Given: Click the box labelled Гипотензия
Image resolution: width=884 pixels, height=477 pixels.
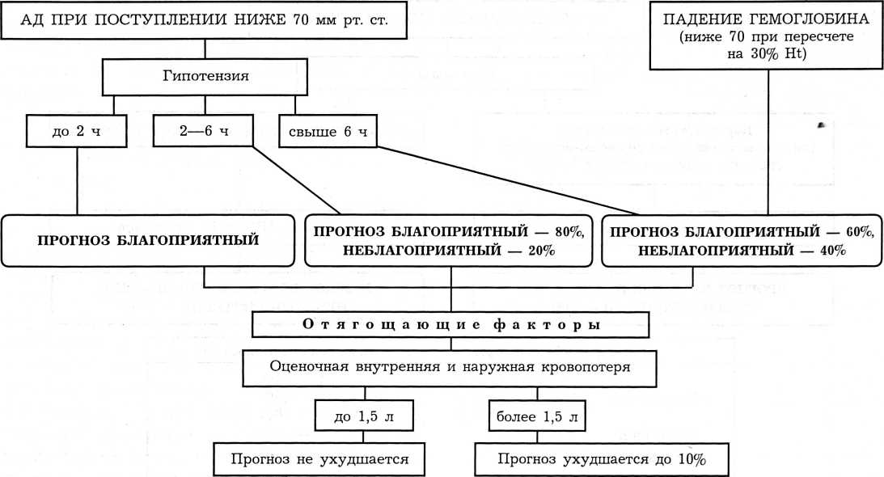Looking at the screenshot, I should pos(205,78).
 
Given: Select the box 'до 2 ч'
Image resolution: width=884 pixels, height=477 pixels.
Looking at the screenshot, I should pos(77,131).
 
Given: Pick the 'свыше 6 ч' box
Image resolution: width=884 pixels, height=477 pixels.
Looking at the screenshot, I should pos(327,131).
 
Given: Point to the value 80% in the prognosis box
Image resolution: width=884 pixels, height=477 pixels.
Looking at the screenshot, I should pos(573,231).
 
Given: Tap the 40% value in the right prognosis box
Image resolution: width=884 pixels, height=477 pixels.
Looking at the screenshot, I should pos(829,251).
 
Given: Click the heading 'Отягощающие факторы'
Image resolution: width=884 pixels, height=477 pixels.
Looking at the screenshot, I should pos(451,325).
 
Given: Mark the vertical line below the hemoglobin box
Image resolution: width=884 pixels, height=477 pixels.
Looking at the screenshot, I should pos(763,146).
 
